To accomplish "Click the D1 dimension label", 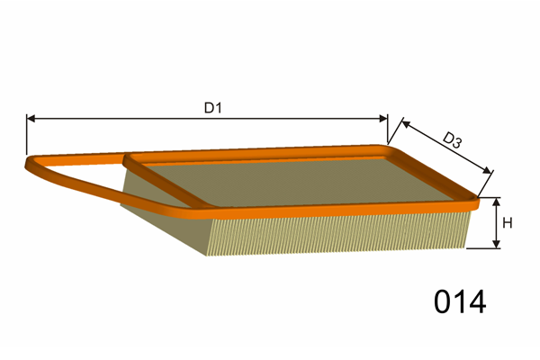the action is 212,108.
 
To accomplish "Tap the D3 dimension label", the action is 452,140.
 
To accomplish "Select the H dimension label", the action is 507,223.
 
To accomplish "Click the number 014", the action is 459,301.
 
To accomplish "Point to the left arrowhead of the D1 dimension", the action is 31,119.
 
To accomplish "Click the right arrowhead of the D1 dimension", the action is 383,119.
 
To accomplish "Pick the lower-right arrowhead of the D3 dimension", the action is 487,170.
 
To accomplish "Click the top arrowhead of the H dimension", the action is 496,202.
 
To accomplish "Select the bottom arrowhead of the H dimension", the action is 496,244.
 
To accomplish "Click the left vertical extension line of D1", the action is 26,134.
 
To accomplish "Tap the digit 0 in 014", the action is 443,301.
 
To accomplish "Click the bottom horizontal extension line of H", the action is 482,248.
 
